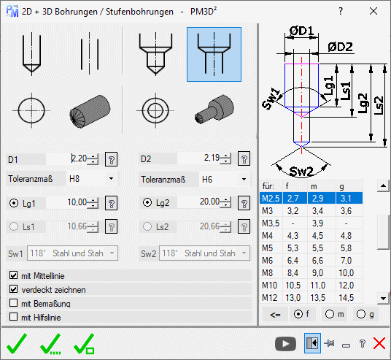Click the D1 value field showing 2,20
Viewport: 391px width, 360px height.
[66, 158]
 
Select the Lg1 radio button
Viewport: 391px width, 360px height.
[14, 203]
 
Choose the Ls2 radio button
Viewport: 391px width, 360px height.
[147, 226]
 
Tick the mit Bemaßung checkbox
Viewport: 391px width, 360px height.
[13, 303]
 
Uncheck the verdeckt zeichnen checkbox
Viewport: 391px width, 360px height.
[13, 289]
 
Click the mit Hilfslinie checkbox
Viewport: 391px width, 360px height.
[13, 317]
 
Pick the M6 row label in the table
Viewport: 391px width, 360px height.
[268, 261]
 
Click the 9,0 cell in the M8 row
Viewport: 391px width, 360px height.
[318, 273]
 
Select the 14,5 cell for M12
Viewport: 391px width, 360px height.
[347, 298]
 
